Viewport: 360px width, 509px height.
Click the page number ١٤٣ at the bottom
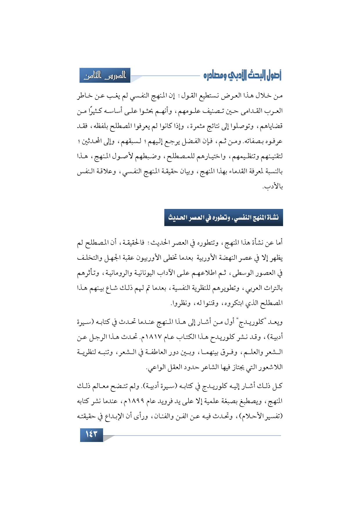point(91,434)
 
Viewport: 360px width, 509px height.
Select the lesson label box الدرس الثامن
point(105,75)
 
